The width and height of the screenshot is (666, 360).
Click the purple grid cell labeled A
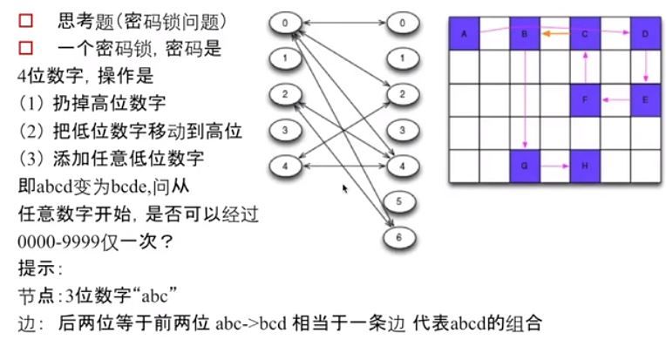tap(465, 35)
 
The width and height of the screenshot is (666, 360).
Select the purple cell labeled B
tap(525, 35)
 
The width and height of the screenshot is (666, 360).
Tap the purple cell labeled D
tap(645, 35)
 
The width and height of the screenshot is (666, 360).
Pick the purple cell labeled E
tap(645, 99)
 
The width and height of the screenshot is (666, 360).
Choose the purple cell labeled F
tap(585, 99)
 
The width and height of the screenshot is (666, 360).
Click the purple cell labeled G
tap(525, 164)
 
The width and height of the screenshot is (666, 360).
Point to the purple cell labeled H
tap(585, 164)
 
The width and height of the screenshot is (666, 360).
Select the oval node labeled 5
tap(398, 202)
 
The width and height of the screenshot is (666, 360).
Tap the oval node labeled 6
tap(398, 234)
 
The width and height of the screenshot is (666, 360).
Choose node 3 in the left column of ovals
tap(285, 131)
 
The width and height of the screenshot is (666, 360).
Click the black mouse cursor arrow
tap(345, 187)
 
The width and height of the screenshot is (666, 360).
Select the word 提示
tap(35, 266)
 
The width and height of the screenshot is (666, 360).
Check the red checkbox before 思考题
tap(25, 19)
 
